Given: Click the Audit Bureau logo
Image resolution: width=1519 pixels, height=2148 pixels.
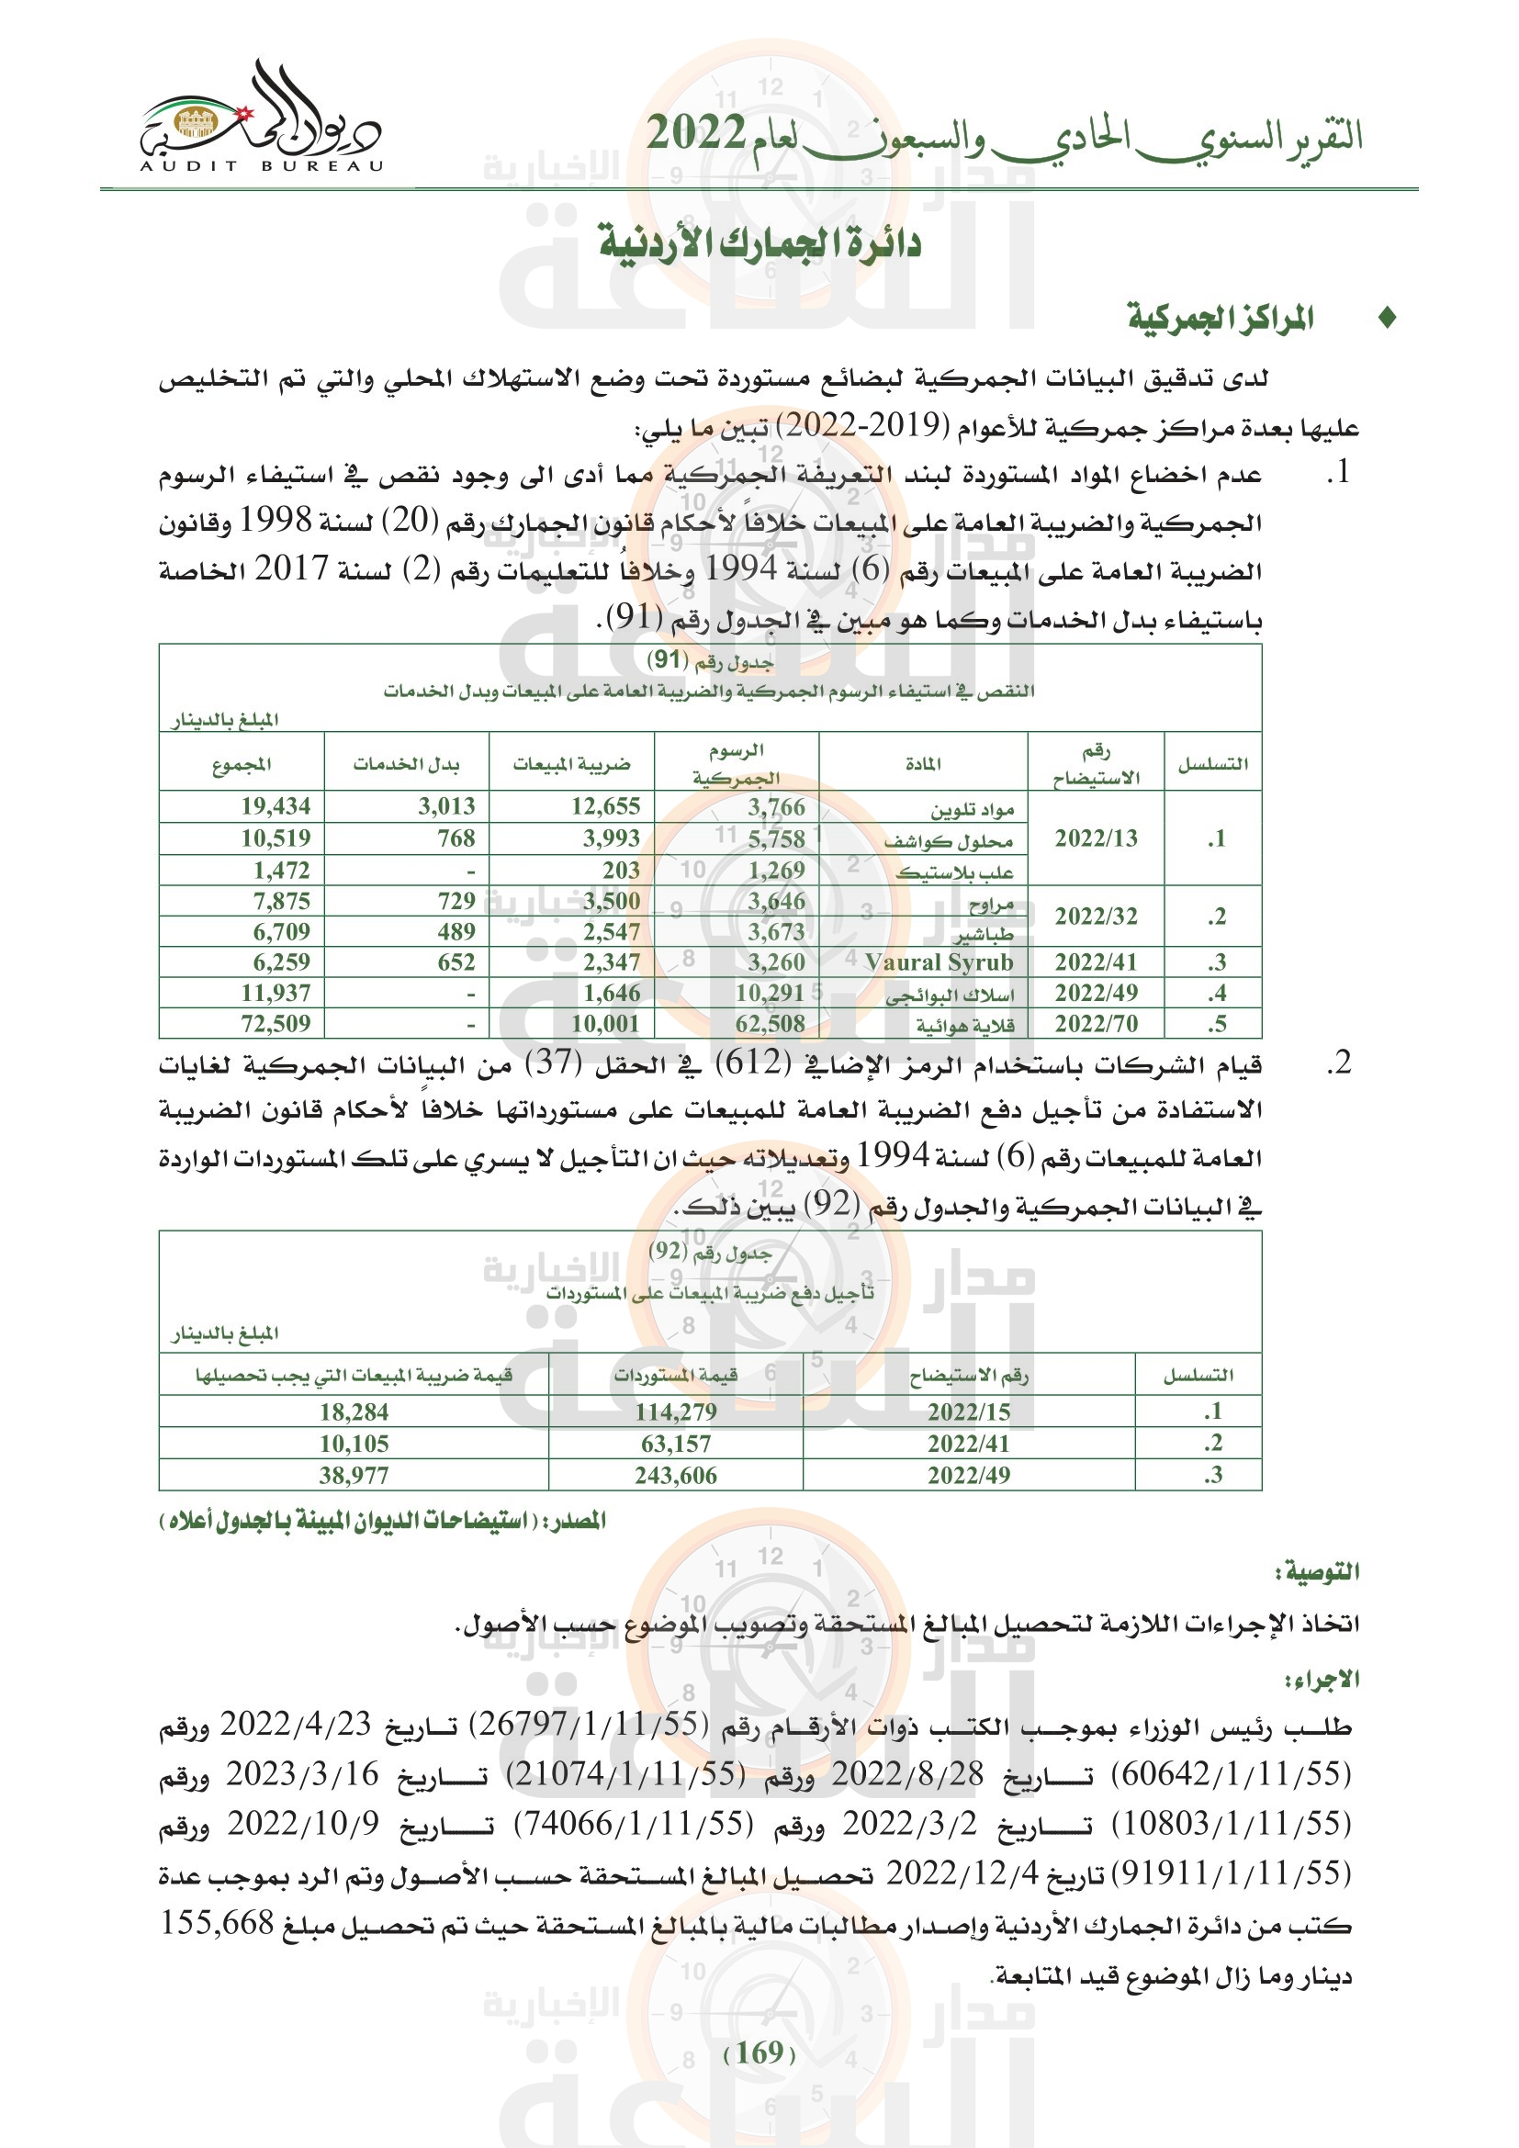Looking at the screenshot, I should [x=260, y=120].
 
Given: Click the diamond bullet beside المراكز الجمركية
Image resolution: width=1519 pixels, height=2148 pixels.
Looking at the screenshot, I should [x=1387, y=319].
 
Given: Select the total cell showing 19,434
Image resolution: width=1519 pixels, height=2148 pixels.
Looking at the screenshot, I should [x=276, y=806].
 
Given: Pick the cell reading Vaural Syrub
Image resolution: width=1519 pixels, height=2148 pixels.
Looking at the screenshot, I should [x=940, y=962].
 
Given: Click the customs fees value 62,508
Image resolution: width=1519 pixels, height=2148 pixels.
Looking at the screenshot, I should [x=770, y=1025].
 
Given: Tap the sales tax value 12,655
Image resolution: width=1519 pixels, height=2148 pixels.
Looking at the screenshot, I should [x=606, y=806].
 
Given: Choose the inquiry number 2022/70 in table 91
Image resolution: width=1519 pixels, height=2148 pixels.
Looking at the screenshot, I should [x=1097, y=1025].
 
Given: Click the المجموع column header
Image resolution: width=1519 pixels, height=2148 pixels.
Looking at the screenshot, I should [x=242, y=765].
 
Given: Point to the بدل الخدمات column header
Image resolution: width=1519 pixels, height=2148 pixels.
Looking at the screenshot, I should [x=406, y=765].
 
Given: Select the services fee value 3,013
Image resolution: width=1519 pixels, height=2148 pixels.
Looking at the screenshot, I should [x=446, y=806].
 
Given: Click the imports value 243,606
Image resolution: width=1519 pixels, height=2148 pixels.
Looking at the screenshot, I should [x=675, y=1477].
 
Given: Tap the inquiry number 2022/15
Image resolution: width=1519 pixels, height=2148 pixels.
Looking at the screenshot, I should [x=969, y=1412].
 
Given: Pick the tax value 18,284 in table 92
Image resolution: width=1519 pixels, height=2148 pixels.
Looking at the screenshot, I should [x=354, y=1412].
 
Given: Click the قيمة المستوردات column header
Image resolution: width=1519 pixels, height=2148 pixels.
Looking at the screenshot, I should [x=675, y=1376].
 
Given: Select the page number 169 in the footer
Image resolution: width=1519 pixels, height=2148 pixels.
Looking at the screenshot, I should [x=759, y=2053].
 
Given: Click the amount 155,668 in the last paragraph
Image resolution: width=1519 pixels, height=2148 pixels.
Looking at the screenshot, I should [x=217, y=1926].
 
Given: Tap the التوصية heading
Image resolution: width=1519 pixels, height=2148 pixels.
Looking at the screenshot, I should [x=1318, y=1572].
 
